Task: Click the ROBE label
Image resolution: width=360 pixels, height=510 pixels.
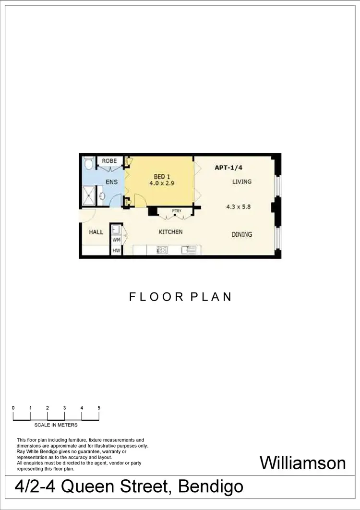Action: (x=109, y=161)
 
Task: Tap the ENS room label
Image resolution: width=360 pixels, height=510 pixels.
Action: (x=112, y=182)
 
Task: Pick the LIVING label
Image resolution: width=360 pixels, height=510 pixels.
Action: (x=242, y=182)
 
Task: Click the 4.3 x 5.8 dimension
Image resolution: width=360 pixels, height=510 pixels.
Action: (x=239, y=207)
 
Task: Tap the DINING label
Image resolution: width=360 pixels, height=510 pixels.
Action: (x=242, y=234)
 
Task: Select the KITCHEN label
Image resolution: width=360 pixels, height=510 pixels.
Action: (x=170, y=232)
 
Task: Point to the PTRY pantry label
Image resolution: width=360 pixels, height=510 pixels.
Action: (x=176, y=210)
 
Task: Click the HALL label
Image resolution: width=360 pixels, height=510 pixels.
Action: (x=96, y=232)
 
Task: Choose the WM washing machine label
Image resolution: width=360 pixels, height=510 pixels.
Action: (x=116, y=239)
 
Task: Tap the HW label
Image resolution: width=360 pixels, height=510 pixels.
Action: (x=116, y=251)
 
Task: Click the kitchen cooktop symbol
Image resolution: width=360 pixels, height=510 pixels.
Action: (x=162, y=250)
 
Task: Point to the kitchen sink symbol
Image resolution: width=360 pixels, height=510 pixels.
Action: (x=188, y=250)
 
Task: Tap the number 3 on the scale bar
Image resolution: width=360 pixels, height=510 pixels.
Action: (x=64, y=408)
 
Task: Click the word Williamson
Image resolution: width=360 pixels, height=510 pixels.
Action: (x=302, y=463)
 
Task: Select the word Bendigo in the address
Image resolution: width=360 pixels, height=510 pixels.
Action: (x=210, y=487)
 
